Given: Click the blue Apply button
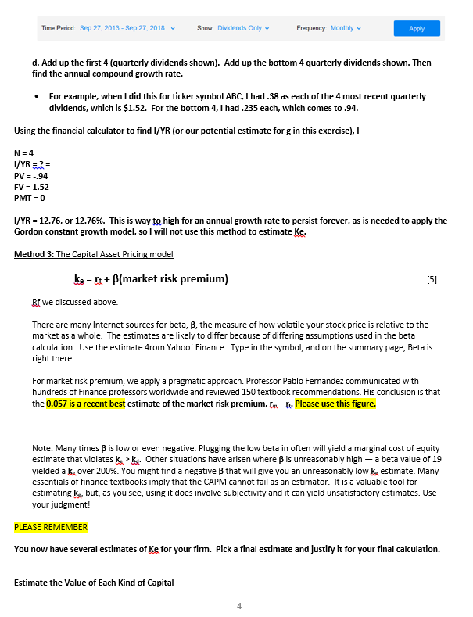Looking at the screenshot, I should pos(417,28).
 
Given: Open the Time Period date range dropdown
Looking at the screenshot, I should pos(126,28).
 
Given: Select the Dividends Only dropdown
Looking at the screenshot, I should pos(244,28).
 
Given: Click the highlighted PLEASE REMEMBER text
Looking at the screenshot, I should pos(51,526).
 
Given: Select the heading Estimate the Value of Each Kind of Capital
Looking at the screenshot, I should pos(93,583).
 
